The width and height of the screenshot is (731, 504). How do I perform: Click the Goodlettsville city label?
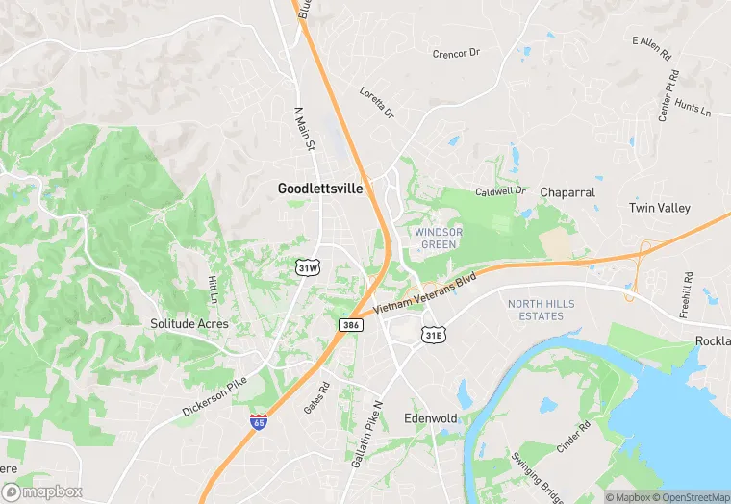click(320, 189)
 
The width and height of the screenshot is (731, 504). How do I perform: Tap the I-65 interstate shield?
click(259, 422)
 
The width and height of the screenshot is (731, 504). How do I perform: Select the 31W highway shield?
click(307, 268)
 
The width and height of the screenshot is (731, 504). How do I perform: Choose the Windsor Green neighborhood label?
click(438, 239)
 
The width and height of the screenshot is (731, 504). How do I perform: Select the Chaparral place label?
click(567, 192)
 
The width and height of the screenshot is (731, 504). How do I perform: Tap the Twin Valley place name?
click(659, 208)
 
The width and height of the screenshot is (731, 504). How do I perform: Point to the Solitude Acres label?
click(189, 324)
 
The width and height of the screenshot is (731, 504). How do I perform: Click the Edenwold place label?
click(430, 418)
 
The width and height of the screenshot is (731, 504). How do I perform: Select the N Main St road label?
click(304, 130)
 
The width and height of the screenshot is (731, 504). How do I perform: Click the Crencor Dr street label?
click(456, 53)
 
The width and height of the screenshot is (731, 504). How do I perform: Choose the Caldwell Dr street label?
click(501, 191)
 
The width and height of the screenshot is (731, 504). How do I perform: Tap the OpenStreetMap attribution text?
click(687, 497)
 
